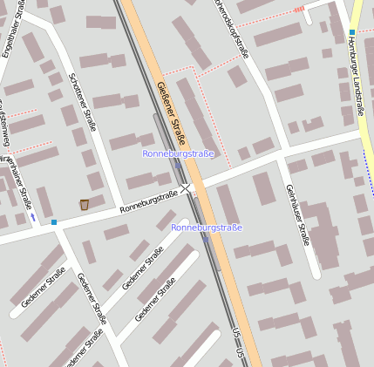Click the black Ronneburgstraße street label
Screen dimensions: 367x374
pos(149,200)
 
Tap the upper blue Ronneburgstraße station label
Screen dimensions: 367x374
pos(178,153)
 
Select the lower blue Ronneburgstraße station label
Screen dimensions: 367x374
pos(207,228)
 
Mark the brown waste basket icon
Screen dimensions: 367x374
pos(85,205)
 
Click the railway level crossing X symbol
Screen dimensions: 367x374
pos(186,188)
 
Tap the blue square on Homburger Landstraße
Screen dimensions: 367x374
pos(352,32)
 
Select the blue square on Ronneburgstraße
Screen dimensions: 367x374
pos(54,222)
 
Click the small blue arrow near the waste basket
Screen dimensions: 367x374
pos(33,215)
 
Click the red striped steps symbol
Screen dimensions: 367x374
pos(299,10)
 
